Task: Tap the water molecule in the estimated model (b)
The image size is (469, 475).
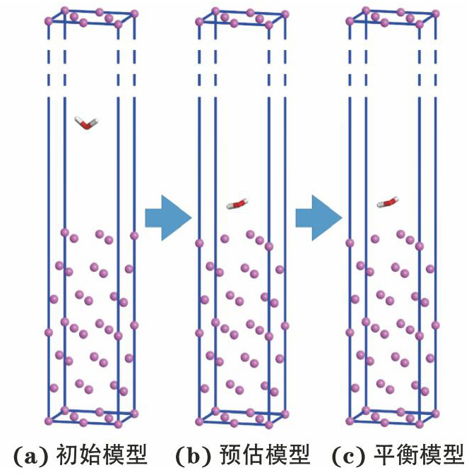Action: (x=237, y=205)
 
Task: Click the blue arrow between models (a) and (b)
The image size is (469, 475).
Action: (x=167, y=217)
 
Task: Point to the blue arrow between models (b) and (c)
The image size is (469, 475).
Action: (x=318, y=217)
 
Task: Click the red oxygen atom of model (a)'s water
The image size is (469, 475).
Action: (x=85, y=125)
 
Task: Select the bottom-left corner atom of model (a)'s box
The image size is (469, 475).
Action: (x=49, y=421)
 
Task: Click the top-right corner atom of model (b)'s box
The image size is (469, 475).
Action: (x=285, y=13)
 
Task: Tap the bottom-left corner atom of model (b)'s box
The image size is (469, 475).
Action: (x=199, y=421)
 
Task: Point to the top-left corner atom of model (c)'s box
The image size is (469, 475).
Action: (x=350, y=20)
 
